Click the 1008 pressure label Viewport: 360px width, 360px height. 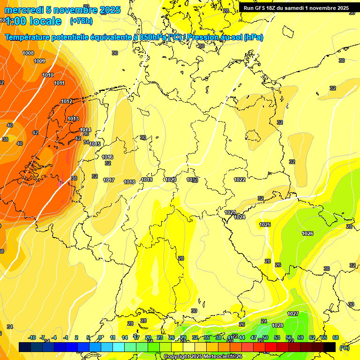(28, 53)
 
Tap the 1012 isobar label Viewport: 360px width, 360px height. (67, 101)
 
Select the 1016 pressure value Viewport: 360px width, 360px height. (107, 157)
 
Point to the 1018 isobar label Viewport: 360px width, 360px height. (129, 182)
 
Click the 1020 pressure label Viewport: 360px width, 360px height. (171, 180)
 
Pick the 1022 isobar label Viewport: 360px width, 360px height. (240, 180)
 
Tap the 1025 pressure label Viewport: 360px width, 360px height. (265, 225)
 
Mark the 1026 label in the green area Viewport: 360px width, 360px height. (307, 233)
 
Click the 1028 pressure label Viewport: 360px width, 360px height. (277, 325)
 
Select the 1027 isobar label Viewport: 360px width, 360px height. (293, 314)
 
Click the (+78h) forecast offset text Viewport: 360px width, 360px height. (81, 21)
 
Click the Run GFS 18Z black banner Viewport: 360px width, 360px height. (296, 8)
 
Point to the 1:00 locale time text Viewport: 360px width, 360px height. (33, 21)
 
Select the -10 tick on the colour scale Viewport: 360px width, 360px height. (32, 337)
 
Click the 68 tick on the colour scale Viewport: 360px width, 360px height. (336, 337)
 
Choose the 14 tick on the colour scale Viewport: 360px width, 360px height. (125, 337)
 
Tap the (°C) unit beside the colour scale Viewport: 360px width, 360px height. (344, 348)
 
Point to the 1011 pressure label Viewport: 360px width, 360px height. (59, 83)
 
